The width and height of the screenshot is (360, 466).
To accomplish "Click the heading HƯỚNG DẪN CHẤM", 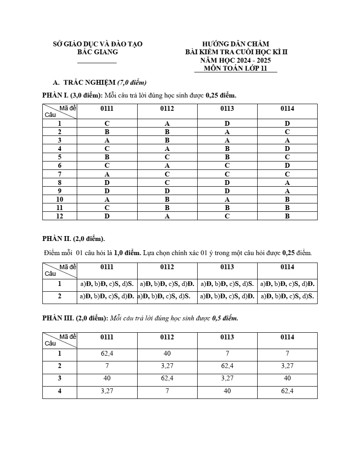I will click(x=236, y=44).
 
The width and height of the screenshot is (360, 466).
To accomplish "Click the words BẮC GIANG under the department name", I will click(x=97, y=52).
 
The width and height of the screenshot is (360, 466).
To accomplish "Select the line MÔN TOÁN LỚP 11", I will click(x=236, y=68).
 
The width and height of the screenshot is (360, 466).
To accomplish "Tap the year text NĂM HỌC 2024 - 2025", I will click(x=236, y=60).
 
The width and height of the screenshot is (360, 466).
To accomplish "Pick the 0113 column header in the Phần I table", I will click(x=227, y=109).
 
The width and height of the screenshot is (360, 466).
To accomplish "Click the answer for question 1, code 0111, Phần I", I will click(x=107, y=124).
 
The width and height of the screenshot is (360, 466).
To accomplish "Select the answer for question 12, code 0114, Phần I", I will click(x=287, y=216).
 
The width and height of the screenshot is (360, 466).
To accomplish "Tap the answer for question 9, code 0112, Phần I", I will click(x=167, y=191).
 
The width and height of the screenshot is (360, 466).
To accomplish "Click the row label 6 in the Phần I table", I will click(x=60, y=166).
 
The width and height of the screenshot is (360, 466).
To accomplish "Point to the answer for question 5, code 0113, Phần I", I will click(x=227, y=158).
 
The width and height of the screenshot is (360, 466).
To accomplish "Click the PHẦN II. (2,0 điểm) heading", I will click(x=74, y=239).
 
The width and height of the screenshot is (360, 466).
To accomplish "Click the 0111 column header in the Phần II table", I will click(x=107, y=267).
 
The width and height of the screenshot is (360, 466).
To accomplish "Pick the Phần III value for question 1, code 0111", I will click(x=107, y=353).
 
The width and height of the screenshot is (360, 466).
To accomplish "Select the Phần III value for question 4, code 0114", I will click(x=287, y=391).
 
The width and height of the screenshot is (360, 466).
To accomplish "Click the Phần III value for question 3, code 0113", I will click(x=227, y=378).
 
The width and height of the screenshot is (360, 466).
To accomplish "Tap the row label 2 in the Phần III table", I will click(x=60, y=366).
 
